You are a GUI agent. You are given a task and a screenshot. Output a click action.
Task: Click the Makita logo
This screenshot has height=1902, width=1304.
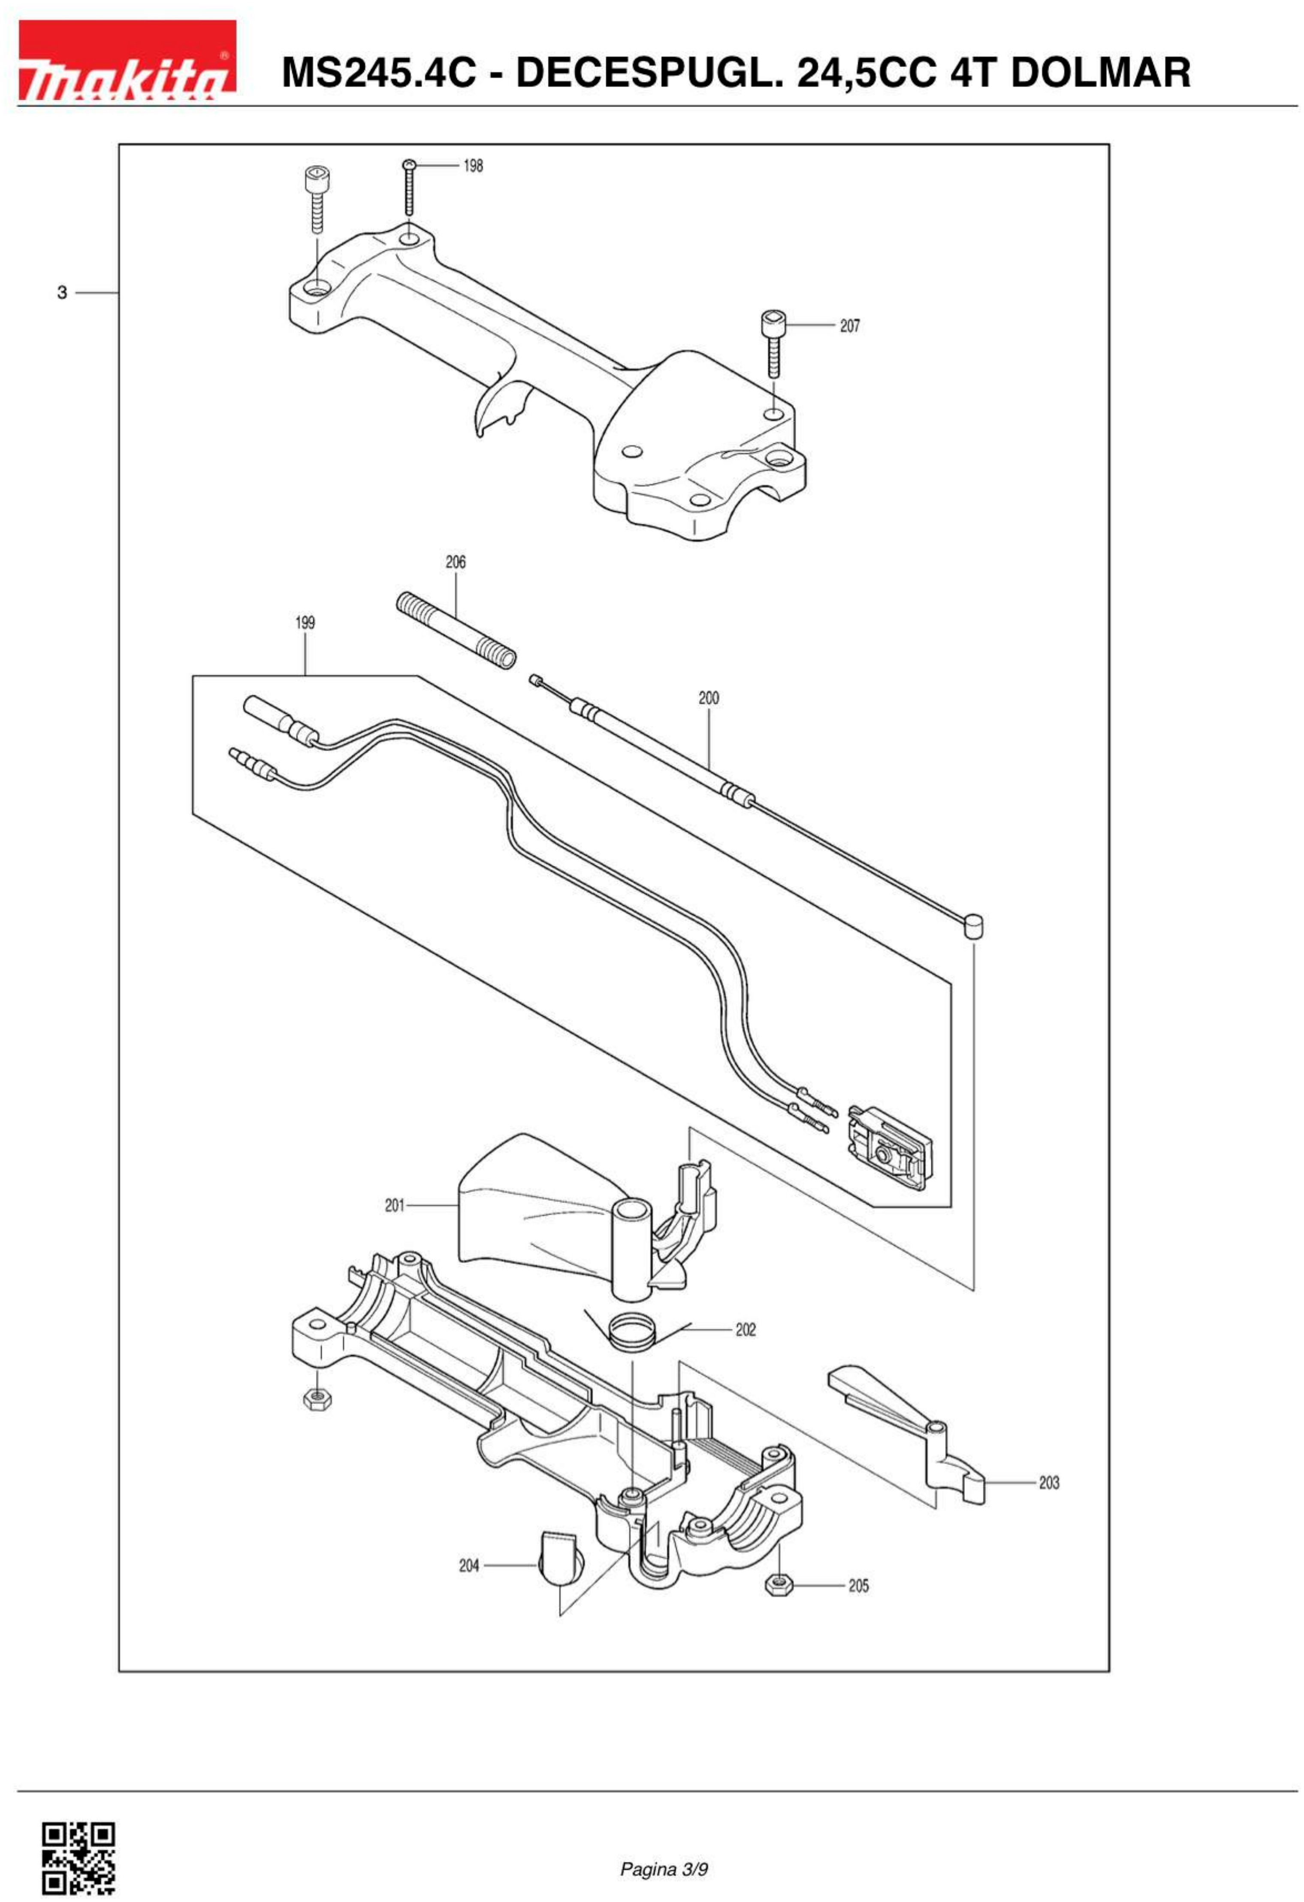pos(127,61)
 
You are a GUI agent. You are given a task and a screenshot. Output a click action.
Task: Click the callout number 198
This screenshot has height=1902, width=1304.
pos(473,166)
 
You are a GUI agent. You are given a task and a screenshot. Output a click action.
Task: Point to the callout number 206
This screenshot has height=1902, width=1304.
pos(456,562)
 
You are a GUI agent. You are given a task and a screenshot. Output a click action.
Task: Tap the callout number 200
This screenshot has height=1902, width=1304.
pos(709,698)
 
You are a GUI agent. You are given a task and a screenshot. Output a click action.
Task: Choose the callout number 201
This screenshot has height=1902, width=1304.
pos(395,1205)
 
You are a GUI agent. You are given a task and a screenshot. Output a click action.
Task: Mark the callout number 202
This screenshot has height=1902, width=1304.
pos(745,1330)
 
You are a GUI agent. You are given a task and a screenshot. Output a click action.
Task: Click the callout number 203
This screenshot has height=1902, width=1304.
pos(1049,1483)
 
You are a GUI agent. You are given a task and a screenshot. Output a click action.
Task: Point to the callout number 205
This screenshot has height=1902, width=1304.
pos(858,1586)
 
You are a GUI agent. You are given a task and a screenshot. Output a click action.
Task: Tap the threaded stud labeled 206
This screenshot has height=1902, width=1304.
pos(456,630)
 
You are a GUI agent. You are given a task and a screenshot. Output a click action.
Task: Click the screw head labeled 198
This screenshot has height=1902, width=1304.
pos(409,166)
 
